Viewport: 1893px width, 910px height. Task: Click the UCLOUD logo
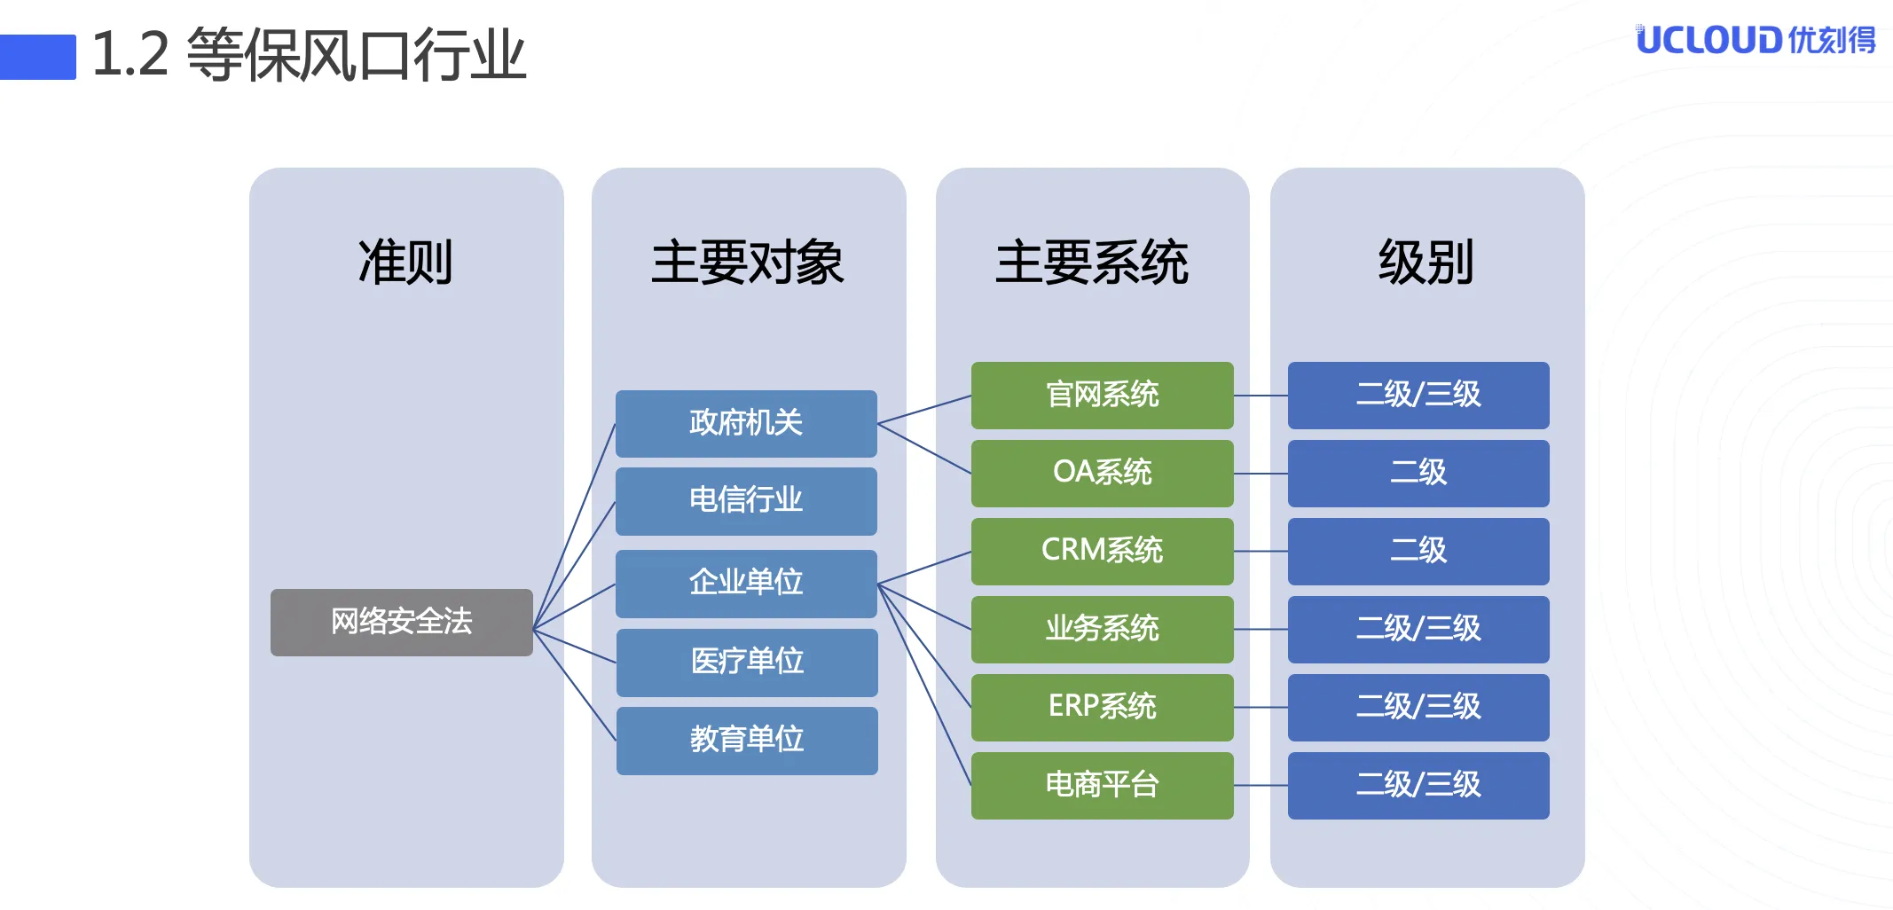(1756, 40)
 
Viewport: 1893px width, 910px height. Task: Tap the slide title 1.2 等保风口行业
(309, 55)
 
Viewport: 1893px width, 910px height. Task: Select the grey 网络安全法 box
(402, 622)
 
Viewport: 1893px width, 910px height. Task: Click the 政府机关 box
(746, 423)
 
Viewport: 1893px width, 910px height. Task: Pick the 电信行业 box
(746, 501)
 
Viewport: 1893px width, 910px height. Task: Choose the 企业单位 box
(746, 584)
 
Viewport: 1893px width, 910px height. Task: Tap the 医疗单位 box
(747, 663)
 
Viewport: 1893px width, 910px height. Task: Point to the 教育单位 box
(747, 741)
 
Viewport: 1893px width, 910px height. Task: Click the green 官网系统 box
(1103, 396)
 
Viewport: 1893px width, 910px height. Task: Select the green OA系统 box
(1103, 474)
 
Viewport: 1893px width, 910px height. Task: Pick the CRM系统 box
(1103, 552)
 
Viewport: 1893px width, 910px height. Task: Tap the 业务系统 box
(1103, 630)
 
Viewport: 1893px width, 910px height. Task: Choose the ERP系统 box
(1103, 708)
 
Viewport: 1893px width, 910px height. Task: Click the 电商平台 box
(1103, 786)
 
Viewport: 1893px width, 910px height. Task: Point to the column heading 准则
(405, 263)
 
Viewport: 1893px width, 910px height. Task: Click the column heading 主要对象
(748, 263)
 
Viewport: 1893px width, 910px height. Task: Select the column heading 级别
(1426, 263)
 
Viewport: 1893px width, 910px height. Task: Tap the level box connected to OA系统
(1418, 474)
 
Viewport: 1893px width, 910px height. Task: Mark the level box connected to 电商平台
(1418, 786)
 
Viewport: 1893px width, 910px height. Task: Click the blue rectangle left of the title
(38, 57)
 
